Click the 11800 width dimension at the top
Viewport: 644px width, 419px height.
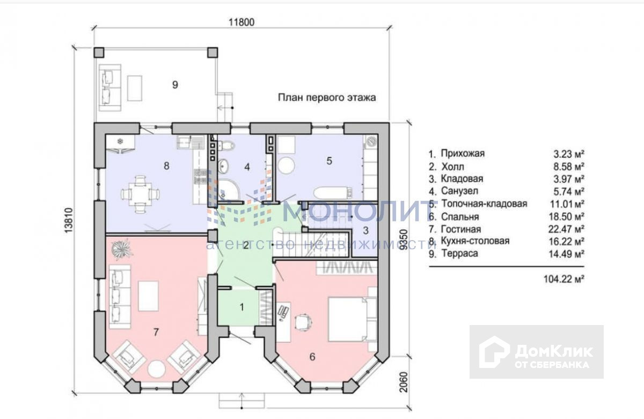241,22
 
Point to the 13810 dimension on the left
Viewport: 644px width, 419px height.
69,220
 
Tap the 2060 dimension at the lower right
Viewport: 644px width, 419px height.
404,382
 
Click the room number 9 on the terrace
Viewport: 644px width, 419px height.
175,85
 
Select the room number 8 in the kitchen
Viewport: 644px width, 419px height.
166,166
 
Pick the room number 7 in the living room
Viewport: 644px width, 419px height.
156,332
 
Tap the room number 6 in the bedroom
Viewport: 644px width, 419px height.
312,357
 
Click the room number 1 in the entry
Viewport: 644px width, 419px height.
242,307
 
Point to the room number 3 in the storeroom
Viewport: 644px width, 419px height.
365,230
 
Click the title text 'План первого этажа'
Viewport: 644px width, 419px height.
327,98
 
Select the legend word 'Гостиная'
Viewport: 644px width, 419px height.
461,229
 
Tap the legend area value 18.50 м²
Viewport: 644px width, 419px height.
566,216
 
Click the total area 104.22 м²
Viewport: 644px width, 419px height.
564,279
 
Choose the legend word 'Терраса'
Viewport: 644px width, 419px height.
460,254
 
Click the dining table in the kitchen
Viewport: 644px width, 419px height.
141,194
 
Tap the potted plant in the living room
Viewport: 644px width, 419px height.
121,249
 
